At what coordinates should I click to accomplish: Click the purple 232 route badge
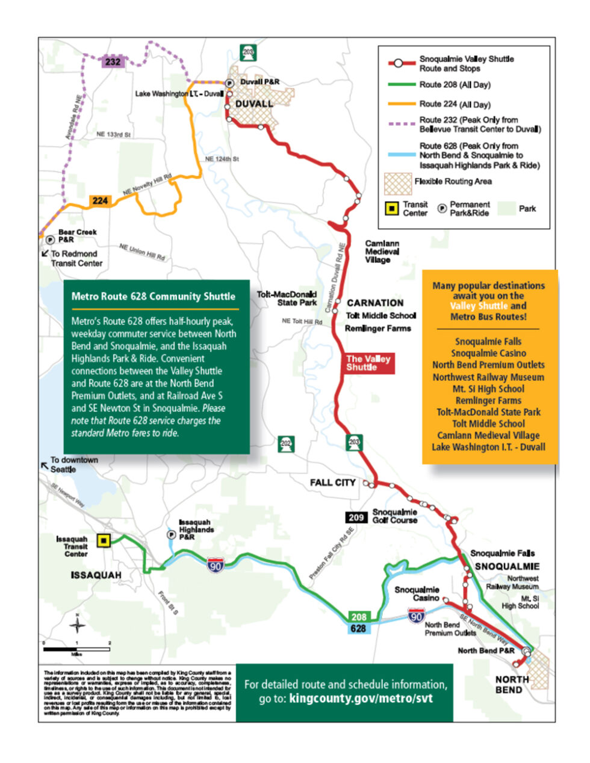(x=113, y=61)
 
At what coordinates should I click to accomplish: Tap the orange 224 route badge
(x=100, y=200)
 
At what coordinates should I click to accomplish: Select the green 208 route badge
(x=359, y=617)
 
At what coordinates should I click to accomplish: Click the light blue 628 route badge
(x=358, y=628)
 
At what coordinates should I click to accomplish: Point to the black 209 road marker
(x=355, y=517)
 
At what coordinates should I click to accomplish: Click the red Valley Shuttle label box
(x=368, y=363)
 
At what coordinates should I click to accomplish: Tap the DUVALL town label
(x=254, y=103)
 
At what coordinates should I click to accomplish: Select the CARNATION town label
(x=375, y=303)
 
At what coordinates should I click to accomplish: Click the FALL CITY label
(x=333, y=483)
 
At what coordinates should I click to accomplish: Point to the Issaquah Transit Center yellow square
(x=104, y=541)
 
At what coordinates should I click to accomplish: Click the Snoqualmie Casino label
(x=417, y=594)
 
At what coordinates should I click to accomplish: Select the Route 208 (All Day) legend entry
(x=455, y=85)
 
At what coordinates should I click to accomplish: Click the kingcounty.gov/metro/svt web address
(x=361, y=699)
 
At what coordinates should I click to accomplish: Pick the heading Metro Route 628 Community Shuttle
(x=153, y=296)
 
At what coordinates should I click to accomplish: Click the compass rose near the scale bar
(x=77, y=625)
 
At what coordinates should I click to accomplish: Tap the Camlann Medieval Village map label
(x=382, y=252)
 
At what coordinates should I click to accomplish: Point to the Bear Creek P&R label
(x=77, y=235)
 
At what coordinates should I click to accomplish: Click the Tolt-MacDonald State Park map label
(x=287, y=298)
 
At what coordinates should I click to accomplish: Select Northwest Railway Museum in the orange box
(x=488, y=377)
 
